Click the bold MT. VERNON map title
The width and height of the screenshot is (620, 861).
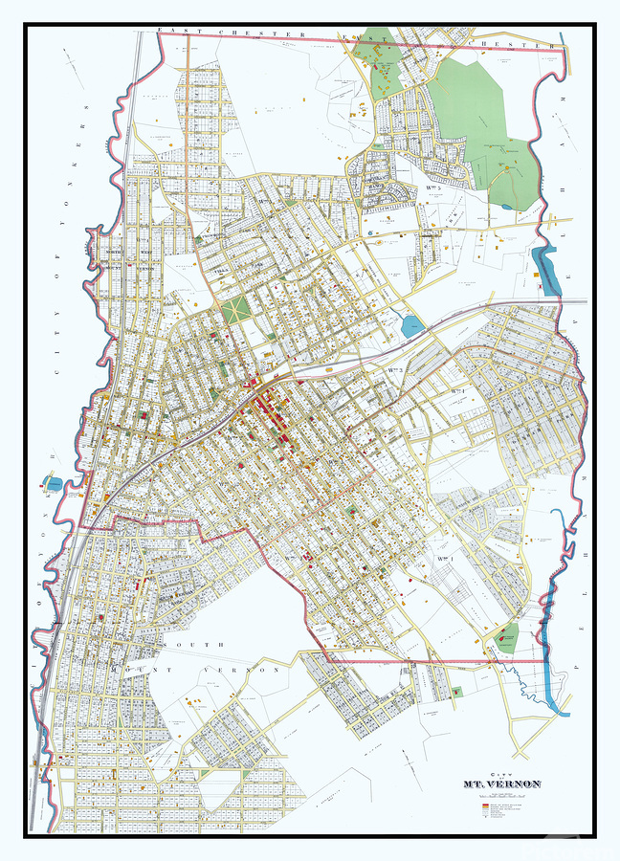point(501,784)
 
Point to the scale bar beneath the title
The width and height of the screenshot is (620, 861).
point(501,795)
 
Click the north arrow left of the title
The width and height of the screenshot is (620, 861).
point(407,771)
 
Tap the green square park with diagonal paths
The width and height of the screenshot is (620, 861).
point(233,311)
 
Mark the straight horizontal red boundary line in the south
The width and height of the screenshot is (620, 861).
point(431,660)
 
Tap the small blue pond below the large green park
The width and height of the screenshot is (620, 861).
point(504,205)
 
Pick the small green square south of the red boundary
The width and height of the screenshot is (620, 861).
point(456,692)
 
